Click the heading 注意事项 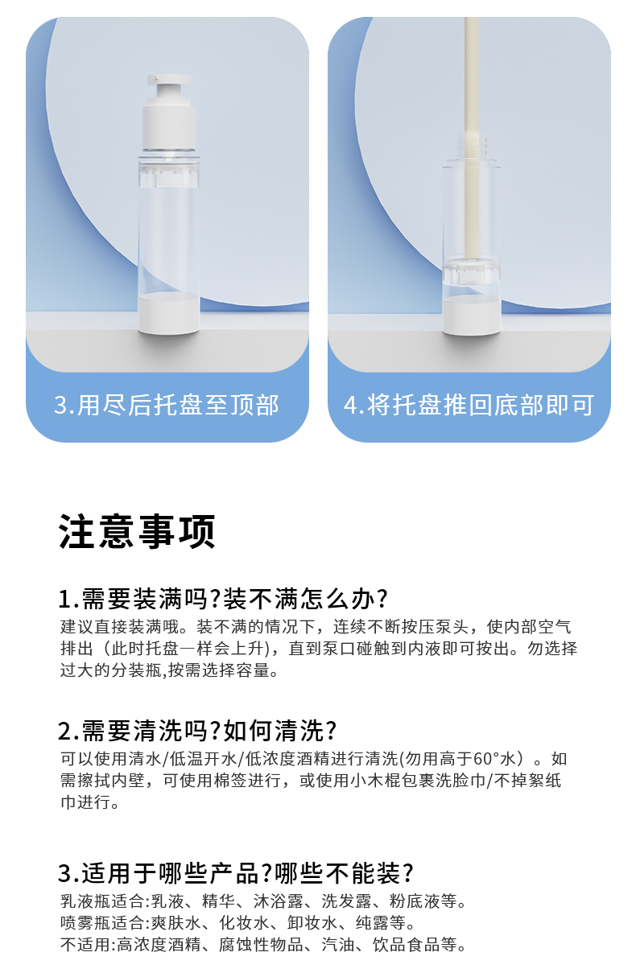(137, 531)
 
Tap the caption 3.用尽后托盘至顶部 (167, 405)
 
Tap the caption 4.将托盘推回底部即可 (469, 405)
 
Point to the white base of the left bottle (169, 313)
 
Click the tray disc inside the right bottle (471, 270)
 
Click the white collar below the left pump (169, 126)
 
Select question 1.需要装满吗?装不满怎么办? (223, 599)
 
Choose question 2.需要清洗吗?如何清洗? (197, 731)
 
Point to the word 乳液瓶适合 (101, 901)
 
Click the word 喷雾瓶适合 (101, 922)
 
